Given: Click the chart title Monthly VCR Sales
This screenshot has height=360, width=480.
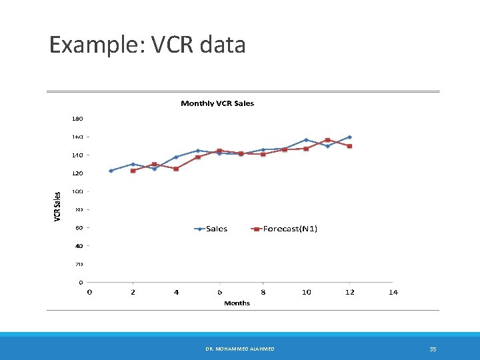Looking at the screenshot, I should tap(217, 103).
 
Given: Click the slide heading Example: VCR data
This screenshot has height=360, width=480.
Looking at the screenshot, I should tap(147, 45).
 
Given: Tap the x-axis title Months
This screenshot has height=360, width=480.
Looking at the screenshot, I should tap(237, 303).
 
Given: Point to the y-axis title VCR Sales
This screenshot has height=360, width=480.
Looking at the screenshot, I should tap(57, 207).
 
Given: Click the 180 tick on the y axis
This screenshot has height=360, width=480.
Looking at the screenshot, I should tap(77, 119).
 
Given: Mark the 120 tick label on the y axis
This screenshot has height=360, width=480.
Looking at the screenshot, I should tap(77, 173).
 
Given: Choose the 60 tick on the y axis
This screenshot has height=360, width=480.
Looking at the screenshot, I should tap(79, 228).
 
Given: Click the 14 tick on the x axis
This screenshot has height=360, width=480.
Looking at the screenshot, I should tap(393, 292).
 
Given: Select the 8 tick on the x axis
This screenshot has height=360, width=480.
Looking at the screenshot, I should tap(263, 292).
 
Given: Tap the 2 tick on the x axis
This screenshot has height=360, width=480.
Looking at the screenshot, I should tap(133, 292).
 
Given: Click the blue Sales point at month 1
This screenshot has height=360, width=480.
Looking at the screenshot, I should tap(111, 171).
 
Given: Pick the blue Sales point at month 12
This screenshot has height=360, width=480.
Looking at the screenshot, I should tap(349, 137).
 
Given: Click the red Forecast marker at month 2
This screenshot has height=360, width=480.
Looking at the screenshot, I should tap(133, 171).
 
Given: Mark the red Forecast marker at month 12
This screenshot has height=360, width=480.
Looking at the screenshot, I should tap(349, 146).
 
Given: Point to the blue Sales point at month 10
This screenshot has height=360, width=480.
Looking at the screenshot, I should tap(306, 140).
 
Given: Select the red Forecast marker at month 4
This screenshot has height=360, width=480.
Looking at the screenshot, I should tap(176, 169).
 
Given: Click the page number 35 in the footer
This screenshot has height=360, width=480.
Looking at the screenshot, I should tap(433, 349).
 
